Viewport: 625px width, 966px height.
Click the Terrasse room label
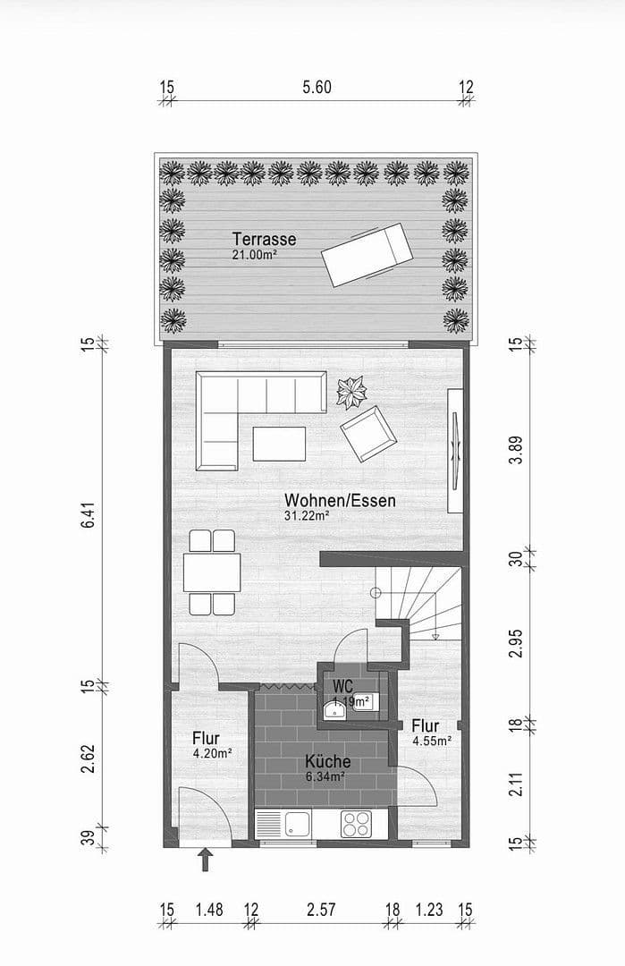pyautogui.click(x=264, y=240)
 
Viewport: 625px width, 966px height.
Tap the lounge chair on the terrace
pyautogui.click(x=366, y=256)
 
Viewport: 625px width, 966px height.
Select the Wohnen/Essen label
pyautogui.click(x=340, y=500)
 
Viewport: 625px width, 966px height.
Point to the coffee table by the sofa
pyautogui.click(x=279, y=443)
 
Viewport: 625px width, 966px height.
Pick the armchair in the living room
pyautogui.click(x=367, y=434)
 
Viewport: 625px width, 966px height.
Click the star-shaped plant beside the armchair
pyautogui.click(x=351, y=392)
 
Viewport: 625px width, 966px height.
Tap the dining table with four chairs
pyautogui.click(x=212, y=572)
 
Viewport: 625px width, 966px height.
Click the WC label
pyautogui.click(x=342, y=685)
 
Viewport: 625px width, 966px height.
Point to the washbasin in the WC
pyautogui.click(x=335, y=710)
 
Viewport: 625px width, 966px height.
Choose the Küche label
pyautogui.click(x=327, y=762)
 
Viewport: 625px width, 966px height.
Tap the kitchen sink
pyautogui.click(x=297, y=824)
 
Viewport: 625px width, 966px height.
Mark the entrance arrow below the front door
pyautogui.click(x=206, y=860)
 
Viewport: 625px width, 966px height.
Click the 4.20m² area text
pyautogui.click(x=212, y=754)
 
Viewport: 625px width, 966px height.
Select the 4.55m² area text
pyautogui.click(x=431, y=741)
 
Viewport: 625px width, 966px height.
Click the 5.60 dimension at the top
pyautogui.click(x=317, y=87)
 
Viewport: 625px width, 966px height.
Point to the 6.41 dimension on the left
pyautogui.click(x=87, y=517)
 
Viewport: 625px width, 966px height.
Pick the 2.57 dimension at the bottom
pyautogui.click(x=320, y=910)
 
